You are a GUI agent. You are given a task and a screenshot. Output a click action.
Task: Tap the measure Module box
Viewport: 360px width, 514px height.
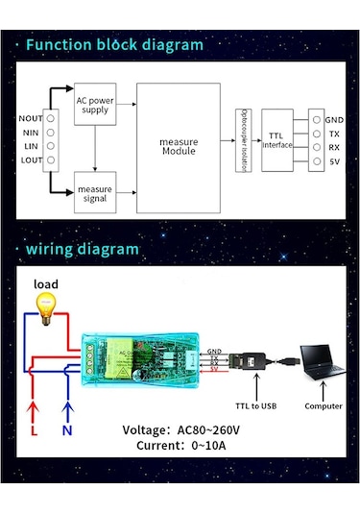pos(178,147)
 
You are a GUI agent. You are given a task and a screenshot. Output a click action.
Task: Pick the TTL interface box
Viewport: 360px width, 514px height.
pos(277,138)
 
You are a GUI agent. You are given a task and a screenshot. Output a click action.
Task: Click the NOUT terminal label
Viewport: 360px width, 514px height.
pos(30,118)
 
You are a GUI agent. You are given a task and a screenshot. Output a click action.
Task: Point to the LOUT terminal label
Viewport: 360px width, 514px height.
pos(31,160)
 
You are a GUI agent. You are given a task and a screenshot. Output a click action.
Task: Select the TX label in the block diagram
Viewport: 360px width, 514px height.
pos(334,134)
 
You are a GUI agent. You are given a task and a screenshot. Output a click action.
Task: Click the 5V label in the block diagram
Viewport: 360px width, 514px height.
pos(333,161)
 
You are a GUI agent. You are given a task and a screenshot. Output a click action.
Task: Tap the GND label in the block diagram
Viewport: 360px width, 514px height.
pos(334,119)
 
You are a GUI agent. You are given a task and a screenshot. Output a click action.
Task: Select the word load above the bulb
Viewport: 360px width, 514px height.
pos(45,284)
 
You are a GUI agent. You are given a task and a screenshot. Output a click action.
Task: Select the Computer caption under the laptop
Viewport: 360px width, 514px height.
pos(324,405)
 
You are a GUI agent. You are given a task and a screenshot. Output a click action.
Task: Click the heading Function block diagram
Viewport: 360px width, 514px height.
pos(114,45)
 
